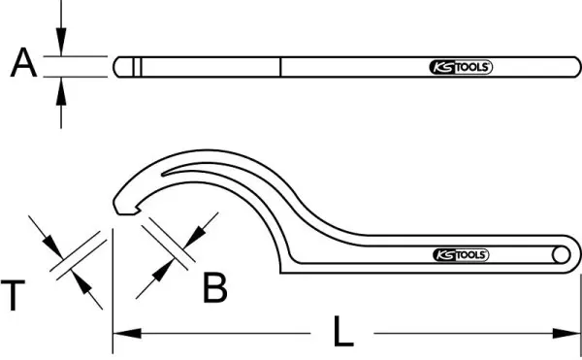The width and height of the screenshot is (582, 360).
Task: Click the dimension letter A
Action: point(23,62)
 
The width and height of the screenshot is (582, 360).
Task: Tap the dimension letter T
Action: point(13,295)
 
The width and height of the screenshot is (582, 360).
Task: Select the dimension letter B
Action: point(215,287)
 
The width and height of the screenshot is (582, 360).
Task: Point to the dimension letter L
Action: point(343,331)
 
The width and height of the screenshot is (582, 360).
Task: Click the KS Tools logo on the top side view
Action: point(461,67)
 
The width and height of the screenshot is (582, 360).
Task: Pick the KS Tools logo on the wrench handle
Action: point(461,255)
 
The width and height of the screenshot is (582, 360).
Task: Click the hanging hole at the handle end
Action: point(561,255)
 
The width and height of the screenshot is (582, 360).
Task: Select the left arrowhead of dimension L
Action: point(127,333)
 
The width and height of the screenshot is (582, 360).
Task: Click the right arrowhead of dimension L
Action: point(566,333)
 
